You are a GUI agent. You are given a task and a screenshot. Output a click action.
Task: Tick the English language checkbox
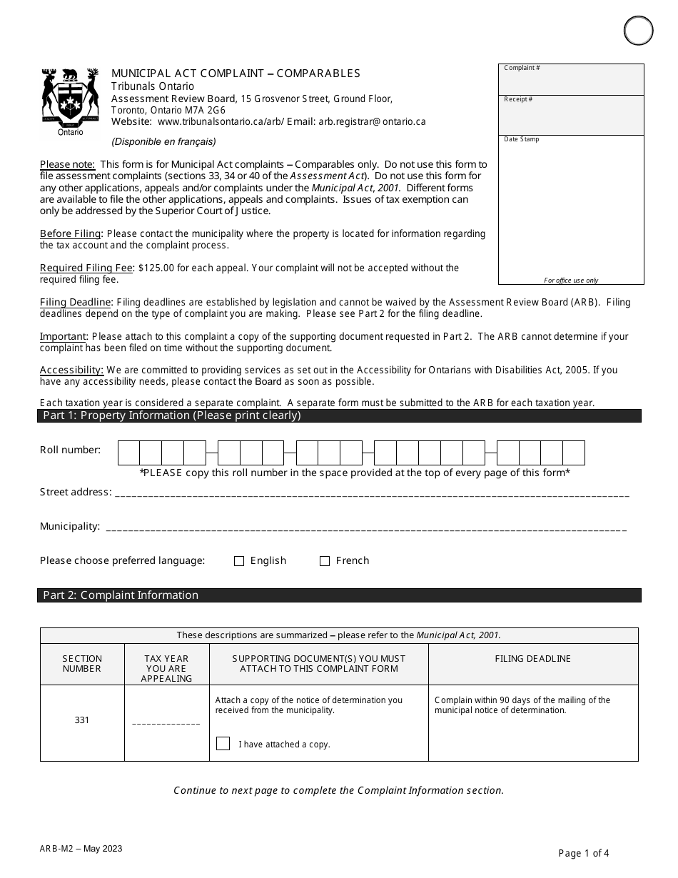239,561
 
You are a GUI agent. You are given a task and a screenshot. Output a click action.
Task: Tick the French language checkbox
325,561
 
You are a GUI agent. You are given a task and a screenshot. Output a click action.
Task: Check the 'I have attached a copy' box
223,744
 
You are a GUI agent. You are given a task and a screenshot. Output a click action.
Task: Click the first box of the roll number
128,453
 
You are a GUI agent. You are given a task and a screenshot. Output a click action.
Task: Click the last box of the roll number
574,453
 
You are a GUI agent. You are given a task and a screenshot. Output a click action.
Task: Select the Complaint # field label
522,68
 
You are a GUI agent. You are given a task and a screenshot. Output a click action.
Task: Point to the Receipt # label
518,99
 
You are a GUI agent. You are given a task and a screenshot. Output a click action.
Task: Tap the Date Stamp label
522,139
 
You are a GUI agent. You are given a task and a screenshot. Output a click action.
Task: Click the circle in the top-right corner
638,31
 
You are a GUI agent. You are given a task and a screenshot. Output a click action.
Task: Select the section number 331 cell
82,720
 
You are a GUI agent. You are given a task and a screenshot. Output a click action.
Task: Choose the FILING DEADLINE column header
533,659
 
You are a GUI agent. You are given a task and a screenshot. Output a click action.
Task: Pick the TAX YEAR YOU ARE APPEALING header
166,668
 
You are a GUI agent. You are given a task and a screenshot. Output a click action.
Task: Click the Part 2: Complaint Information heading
121,595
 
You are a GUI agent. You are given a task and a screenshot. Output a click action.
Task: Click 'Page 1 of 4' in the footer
584,852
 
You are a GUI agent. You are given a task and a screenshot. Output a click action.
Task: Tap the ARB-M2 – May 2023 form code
81,849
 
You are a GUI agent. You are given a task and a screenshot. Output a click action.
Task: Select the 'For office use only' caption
571,281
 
